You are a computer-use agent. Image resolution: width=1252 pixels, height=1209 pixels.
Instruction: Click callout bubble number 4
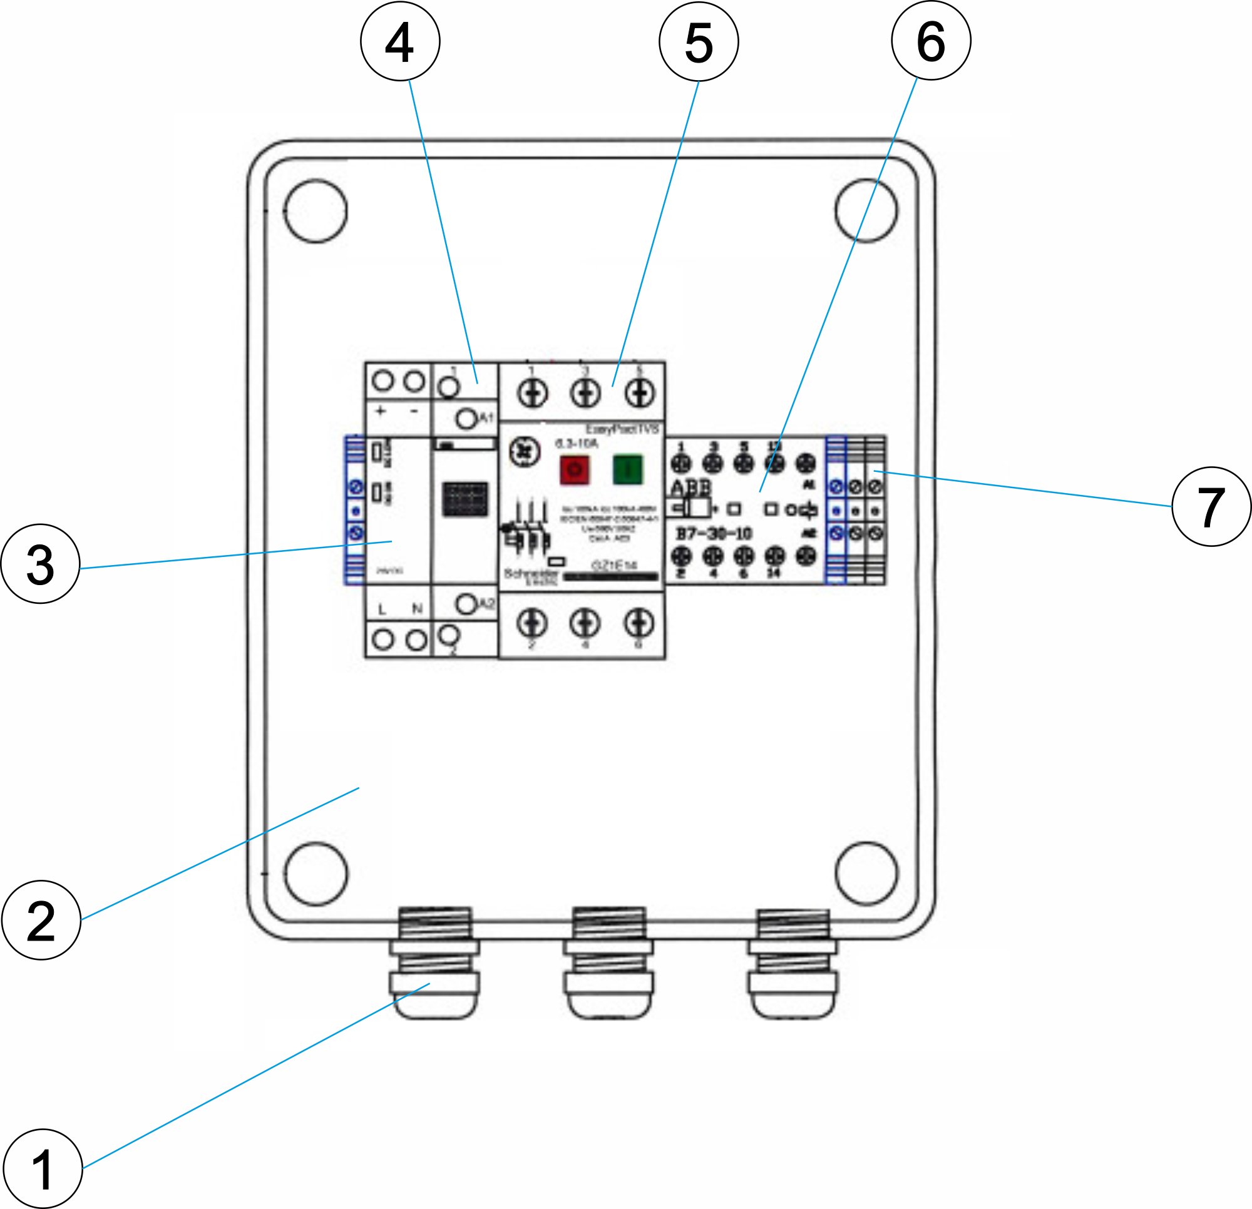(x=400, y=41)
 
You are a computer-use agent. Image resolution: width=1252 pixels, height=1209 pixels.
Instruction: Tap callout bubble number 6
(x=931, y=41)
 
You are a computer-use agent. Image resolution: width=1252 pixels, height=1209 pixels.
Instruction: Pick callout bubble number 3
(x=40, y=564)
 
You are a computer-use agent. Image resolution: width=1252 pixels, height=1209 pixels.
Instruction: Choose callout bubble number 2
(x=41, y=921)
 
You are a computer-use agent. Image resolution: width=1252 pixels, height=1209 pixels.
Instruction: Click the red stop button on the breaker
(x=574, y=469)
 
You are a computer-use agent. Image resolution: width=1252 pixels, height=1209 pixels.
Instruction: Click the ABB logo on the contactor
(x=690, y=488)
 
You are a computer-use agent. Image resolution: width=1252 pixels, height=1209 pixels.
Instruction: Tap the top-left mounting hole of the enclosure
(x=316, y=211)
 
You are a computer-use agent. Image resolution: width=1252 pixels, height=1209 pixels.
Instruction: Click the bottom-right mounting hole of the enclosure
(x=866, y=873)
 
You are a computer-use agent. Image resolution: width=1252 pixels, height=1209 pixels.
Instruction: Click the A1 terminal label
(x=487, y=417)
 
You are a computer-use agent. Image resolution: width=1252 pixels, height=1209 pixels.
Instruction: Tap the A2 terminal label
(x=487, y=603)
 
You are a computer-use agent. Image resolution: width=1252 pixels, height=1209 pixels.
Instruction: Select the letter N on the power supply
(x=417, y=609)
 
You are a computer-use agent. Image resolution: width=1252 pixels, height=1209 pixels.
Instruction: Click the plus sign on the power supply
(x=381, y=411)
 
